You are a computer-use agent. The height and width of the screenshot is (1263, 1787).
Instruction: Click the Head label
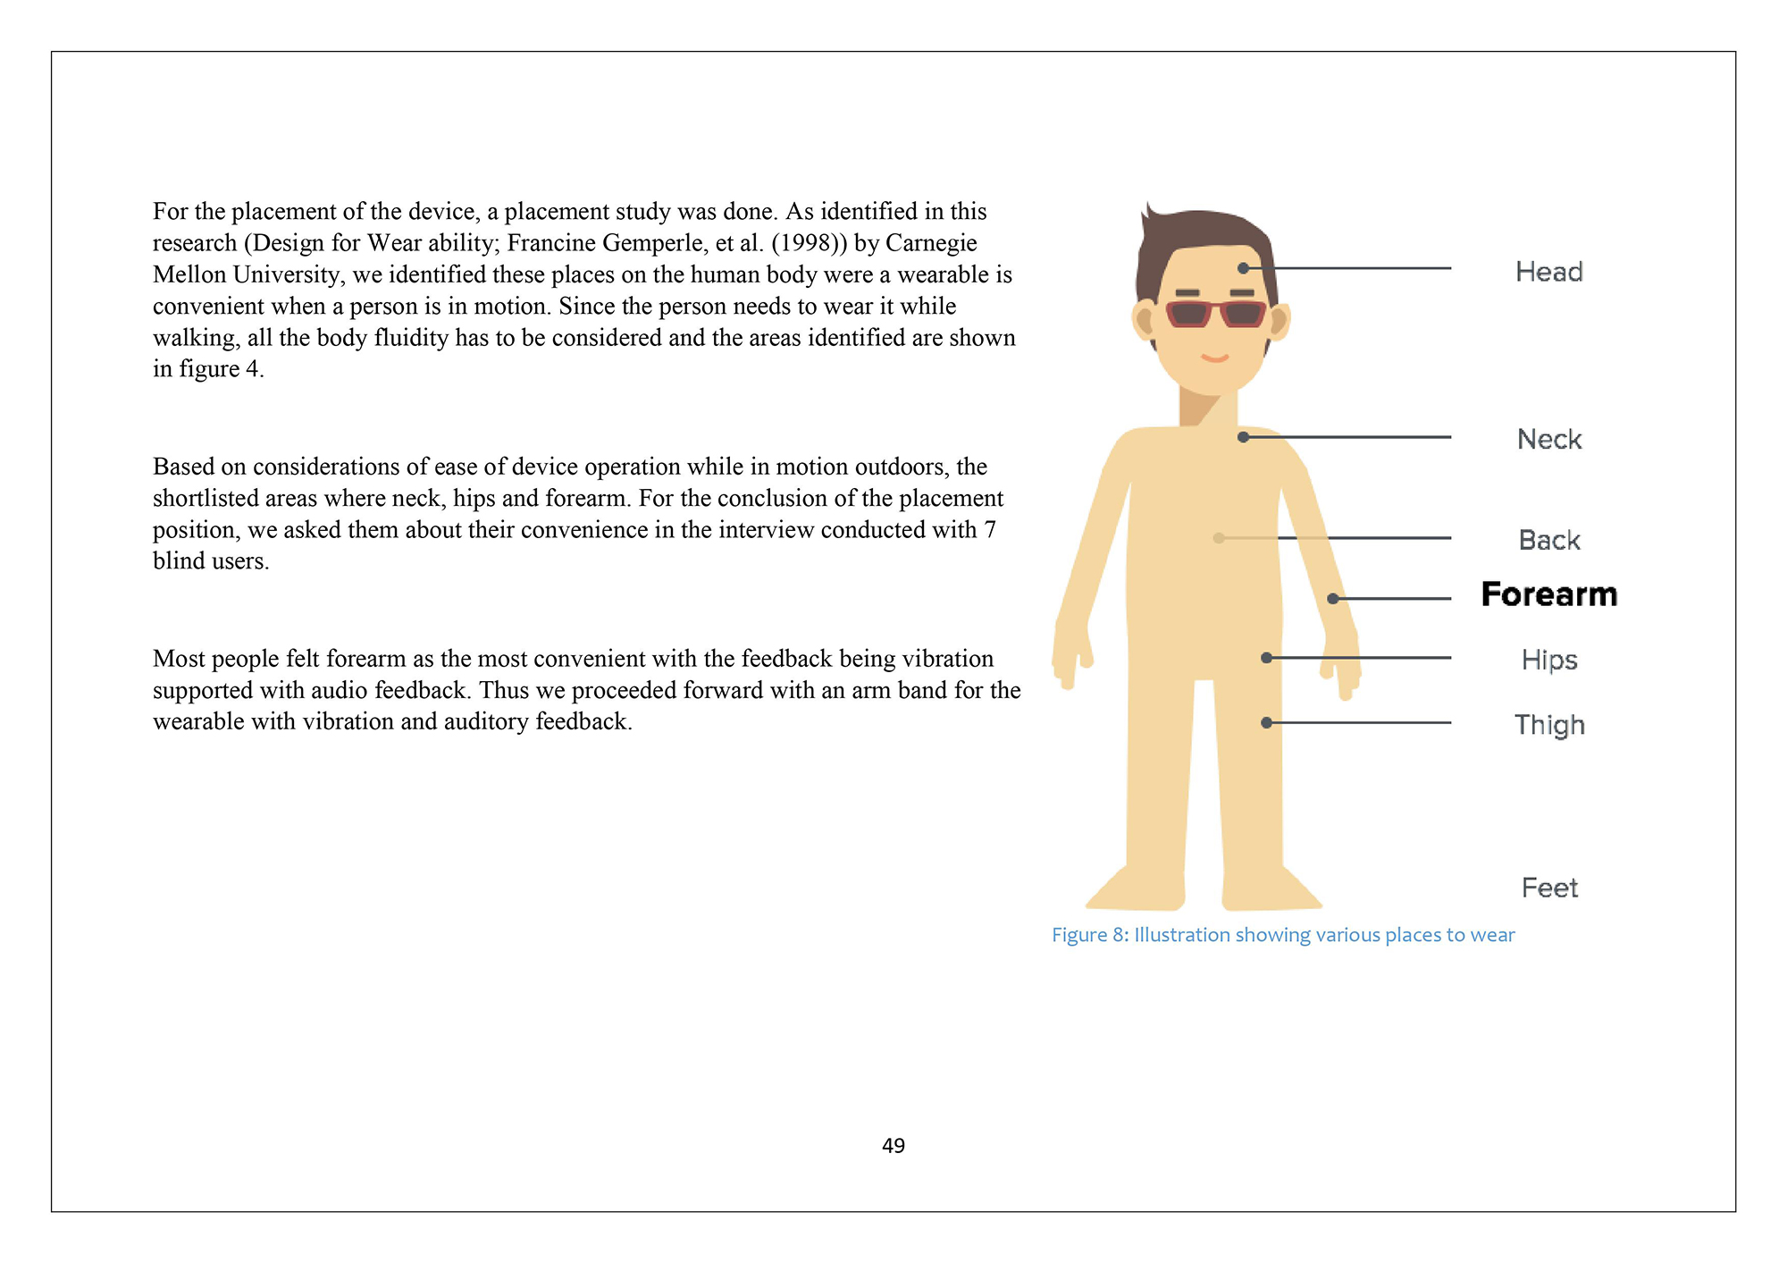[x=1548, y=272]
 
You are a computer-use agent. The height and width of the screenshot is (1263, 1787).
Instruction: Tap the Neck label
[x=1548, y=439]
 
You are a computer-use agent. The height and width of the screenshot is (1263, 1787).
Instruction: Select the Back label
[x=1548, y=540]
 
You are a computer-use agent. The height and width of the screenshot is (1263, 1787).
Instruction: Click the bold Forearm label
[x=1548, y=594]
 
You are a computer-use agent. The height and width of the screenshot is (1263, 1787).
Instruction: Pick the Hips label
[x=1548, y=660]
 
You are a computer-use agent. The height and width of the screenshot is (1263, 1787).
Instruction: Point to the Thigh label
[x=1548, y=725]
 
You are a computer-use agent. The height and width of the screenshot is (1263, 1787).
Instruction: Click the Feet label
[x=1548, y=888]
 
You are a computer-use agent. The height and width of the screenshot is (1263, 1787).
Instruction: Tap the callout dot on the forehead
[x=1243, y=268]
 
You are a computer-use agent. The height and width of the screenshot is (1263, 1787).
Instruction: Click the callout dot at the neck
[x=1243, y=437]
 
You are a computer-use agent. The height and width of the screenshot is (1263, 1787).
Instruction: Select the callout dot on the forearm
[x=1332, y=599]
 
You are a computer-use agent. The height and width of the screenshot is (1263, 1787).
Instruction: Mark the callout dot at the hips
[x=1266, y=658]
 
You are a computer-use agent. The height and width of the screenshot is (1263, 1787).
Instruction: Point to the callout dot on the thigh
[x=1266, y=722]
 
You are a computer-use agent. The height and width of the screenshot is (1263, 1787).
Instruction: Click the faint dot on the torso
[x=1219, y=538]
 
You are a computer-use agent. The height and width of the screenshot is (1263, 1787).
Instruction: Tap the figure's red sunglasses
[x=1215, y=315]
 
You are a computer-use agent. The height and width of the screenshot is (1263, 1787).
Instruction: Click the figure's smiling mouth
[x=1214, y=358]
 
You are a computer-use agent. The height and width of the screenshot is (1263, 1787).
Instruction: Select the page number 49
[x=893, y=1146]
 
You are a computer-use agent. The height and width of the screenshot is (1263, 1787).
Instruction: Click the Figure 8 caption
[x=1282, y=935]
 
